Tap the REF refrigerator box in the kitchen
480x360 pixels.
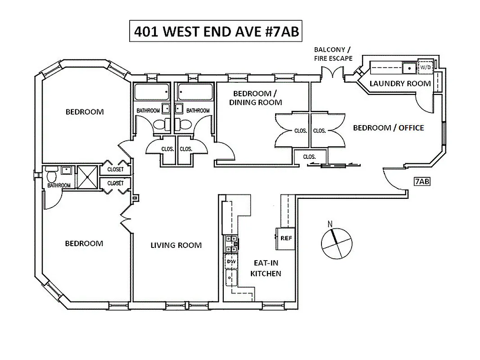(x=285, y=238)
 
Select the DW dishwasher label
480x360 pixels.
(x=231, y=261)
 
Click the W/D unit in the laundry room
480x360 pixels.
(x=425, y=67)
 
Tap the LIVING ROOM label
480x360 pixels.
(x=176, y=245)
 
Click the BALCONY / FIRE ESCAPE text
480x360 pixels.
(x=333, y=54)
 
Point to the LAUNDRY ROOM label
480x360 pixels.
(x=400, y=83)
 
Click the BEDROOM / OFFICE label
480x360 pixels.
(x=388, y=128)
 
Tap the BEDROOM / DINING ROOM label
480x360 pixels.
(x=255, y=98)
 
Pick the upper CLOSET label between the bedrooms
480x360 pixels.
(x=115, y=170)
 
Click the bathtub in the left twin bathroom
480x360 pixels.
(x=152, y=92)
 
